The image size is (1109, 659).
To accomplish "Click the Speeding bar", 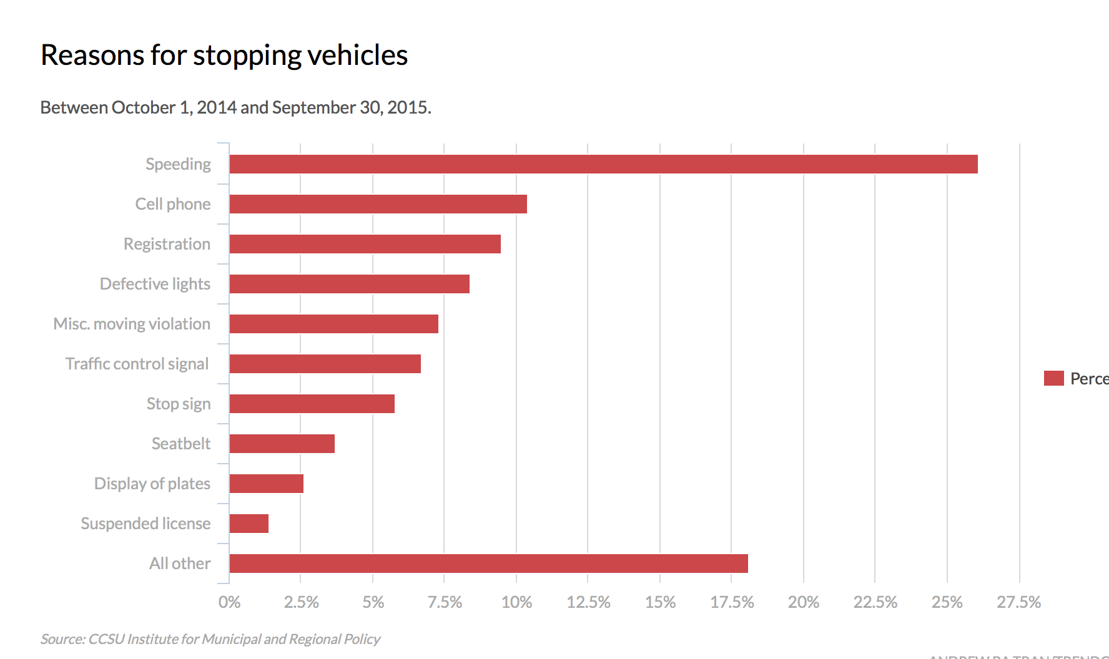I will point(603,164).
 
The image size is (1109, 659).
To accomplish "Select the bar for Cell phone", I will point(378,204).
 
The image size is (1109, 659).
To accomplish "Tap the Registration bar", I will point(365,244).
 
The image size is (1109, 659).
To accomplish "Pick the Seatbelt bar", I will point(282,444).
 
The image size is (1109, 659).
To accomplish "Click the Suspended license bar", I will point(249,524).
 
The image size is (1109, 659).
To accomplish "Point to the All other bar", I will point(488,564).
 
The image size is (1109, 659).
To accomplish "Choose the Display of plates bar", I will point(266,484).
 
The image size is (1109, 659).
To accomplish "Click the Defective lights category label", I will point(155,284).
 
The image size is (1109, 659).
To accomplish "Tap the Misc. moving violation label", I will point(132,324).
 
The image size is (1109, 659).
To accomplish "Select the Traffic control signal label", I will point(137,364).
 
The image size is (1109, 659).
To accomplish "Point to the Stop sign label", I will point(179,404).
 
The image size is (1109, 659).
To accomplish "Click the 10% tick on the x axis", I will point(516,602).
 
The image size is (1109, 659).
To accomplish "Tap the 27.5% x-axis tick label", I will point(1018,602).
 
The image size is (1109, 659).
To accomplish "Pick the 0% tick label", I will point(229,602).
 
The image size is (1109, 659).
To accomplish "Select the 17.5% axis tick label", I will point(732,602).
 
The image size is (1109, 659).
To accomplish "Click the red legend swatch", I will point(1053,378).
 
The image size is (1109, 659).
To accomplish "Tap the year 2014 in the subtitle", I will point(217,107).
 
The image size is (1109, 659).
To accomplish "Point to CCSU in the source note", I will point(106,639).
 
